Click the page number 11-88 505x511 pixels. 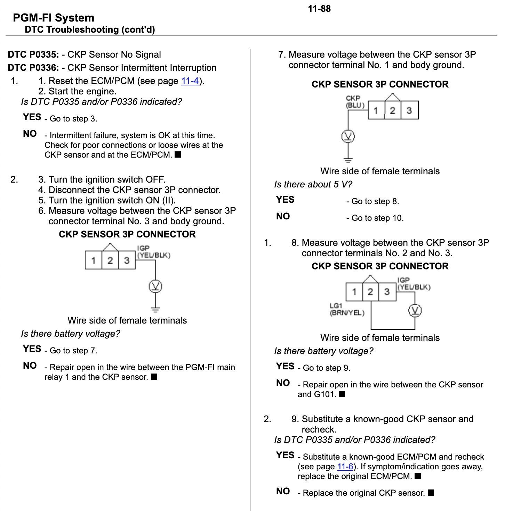tap(319, 9)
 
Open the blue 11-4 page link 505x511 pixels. tap(190, 81)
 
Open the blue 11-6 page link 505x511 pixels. tap(345, 467)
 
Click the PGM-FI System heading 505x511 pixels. tap(54, 18)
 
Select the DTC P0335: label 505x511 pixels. tap(33, 55)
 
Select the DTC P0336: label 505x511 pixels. tap(33, 68)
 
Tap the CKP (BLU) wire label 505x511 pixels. tap(355, 102)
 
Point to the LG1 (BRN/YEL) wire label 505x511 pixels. tap(347, 309)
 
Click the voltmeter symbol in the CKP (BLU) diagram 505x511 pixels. tap(348, 136)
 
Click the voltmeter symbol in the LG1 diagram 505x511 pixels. tap(415, 311)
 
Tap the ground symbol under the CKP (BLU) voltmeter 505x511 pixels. tap(348, 160)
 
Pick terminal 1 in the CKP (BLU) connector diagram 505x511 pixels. tap(376, 110)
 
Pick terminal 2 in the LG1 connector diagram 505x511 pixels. tap(370, 292)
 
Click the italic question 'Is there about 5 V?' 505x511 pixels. tap(313, 184)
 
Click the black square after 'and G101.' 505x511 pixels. tap(342, 394)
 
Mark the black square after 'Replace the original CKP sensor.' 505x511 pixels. tap(431, 493)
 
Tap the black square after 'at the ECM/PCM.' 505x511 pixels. tap(178, 154)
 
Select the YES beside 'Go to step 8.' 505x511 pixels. tap(285, 200)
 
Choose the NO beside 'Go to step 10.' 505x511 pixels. tap(283, 216)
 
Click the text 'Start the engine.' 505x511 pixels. tap(82, 92)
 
